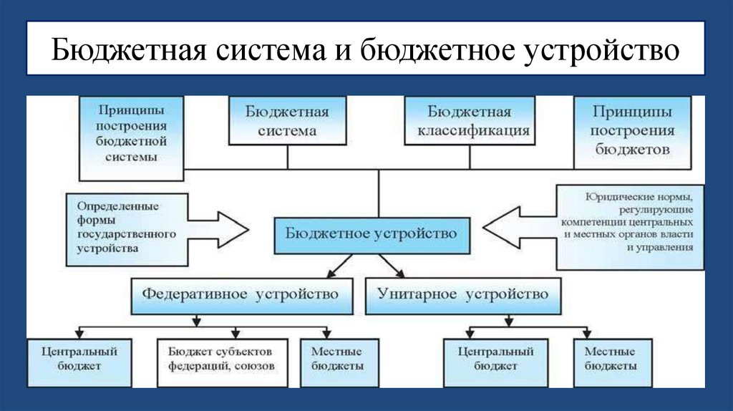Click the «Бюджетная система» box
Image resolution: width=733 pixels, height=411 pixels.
[x=287, y=122]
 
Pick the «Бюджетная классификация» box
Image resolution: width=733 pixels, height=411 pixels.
[x=469, y=122]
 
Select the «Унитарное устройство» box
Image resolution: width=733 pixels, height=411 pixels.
[x=463, y=295]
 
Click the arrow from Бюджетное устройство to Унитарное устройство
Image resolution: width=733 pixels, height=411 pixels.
[x=391, y=266]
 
